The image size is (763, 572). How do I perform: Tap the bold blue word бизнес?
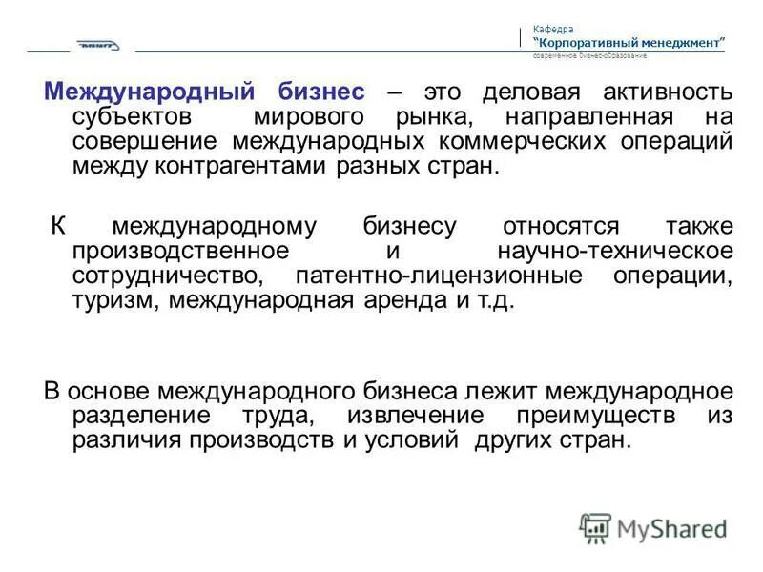(x=321, y=92)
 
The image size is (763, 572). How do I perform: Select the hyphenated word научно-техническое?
(x=616, y=252)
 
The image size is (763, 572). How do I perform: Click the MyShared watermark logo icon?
(x=595, y=528)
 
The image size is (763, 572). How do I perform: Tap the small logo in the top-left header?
(x=99, y=46)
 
